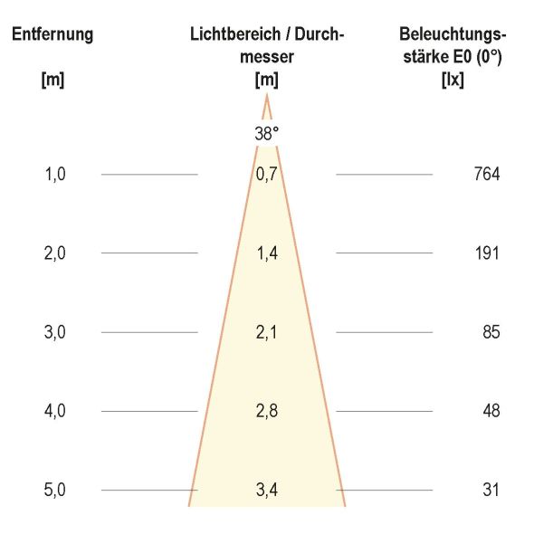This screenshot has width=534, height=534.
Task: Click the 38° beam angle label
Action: [x=267, y=132]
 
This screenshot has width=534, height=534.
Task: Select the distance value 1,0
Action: [x=55, y=175]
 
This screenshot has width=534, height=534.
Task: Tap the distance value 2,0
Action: [x=55, y=253]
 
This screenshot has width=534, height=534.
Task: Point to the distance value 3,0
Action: [x=55, y=332]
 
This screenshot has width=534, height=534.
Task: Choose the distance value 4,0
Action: [x=55, y=411]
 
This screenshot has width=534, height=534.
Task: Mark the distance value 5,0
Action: [x=55, y=490]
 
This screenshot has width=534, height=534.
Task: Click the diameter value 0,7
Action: [x=267, y=175]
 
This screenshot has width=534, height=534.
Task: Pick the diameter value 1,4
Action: [x=267, y=253]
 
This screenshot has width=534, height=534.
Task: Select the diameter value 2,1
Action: [x=267, y=332]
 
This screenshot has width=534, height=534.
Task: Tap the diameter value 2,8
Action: [x=267, y=411]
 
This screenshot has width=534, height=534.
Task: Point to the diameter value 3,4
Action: [x=267, y=490]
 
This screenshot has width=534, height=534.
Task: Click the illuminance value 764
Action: [x=486, y=175]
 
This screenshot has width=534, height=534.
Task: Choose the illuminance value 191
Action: [x=486, y=253]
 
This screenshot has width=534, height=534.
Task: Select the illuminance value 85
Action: [x=491, y=332]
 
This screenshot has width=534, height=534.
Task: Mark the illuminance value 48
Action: [x=491, y=411]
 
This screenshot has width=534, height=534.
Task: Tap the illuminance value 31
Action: [x=491, y=490]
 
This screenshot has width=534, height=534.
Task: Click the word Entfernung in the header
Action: [x=52, y=35]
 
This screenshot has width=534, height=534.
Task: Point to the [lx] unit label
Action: [x=452, y=79]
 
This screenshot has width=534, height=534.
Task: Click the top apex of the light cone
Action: [x=267, y=95]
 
